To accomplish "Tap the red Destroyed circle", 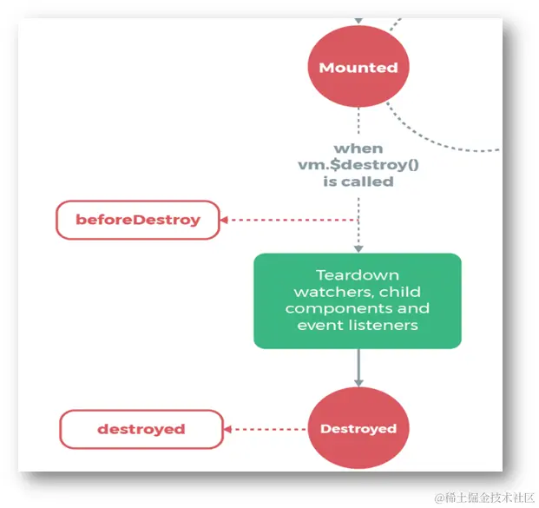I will [358, 429].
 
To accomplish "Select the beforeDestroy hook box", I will [138, 220].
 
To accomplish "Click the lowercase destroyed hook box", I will [141, 429].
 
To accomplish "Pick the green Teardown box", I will [357, 300].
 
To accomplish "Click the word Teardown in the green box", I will [357, 275].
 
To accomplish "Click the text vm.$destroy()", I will [358, 165].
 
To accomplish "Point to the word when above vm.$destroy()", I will [358, 148].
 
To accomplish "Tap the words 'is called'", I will [358, 181].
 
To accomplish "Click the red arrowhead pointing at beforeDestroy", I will [224, 220].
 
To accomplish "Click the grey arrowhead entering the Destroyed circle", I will [358, 383].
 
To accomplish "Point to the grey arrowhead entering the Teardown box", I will [358, 248].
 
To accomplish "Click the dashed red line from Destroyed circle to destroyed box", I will [269, 429].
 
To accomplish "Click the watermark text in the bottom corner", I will [485, 498].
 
